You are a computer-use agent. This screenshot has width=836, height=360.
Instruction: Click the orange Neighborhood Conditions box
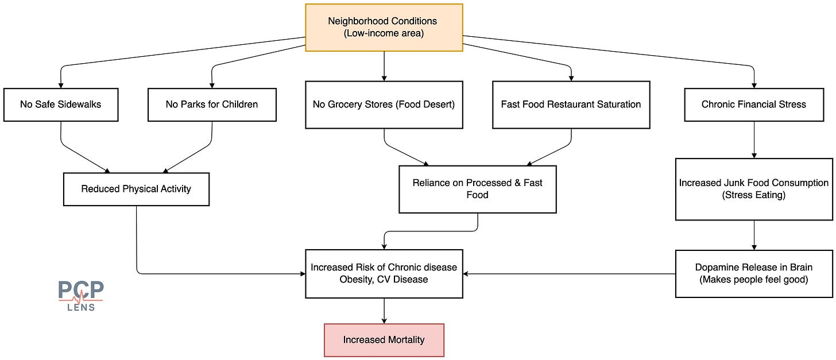click(384, 28)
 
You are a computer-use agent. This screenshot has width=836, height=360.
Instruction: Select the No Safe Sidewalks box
click(61, 105)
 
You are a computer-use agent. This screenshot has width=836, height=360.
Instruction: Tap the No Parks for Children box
click(212, 105)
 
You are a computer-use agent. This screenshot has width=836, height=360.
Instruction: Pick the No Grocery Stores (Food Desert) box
click(384, 105)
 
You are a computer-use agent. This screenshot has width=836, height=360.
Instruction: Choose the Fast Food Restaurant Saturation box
click(571, 105)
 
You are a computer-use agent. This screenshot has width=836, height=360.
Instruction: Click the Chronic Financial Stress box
click(754, 105)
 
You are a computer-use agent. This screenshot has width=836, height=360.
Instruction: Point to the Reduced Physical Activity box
click(136, 189)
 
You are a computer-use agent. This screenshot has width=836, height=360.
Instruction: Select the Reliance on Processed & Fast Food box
click(478, 189)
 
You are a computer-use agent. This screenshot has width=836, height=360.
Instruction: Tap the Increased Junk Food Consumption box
click(754, 189)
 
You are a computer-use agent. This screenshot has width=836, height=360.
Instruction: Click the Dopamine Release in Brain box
click(754, 274)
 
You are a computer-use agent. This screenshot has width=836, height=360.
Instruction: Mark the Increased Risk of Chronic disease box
click(384, 274)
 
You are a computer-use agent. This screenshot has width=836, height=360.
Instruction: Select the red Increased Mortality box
click(384, 340)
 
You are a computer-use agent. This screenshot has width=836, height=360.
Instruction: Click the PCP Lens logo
click(81, 296)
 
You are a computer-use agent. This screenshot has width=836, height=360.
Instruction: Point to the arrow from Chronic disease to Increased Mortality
click(384, 311)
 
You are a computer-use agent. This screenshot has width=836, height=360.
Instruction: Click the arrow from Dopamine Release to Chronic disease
click(569, 274)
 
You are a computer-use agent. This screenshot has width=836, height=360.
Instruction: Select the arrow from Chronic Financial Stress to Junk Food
click(754, 140)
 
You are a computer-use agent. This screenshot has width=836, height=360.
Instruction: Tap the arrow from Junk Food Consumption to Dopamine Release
click(754, 235)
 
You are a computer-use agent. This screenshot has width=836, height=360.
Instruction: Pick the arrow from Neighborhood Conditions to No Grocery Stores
click(384, 66)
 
